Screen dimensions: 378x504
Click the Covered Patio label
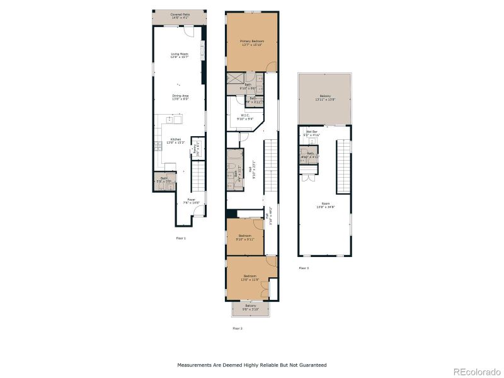pyautogui.click(x=180, y=16)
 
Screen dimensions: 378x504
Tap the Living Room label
pyautogui.click(x=180, y=55)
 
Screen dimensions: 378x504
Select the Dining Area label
pyautogui.click(x=180, y=97)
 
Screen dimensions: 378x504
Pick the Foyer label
pyautogui.click(x=191, y=202)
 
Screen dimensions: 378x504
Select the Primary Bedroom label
pyautogui.click(x=251, y=42)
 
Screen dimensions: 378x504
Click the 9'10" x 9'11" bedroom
pyautogui.click(x=245, y=238)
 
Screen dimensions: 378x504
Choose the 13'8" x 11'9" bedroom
pyautogui.click(x=250, y=278)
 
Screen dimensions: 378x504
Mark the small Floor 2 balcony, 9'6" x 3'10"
pyautogui.click(x=250, y=307)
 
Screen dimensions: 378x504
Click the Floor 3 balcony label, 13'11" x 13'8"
pyautogui.click(x=324, y=98)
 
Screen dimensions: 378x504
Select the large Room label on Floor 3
pyautogui.click(x=325, y=205)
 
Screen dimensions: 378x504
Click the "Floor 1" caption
pyautogui.click(x=181, y=238)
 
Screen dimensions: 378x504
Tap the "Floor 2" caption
pyautogui.click(x=238, y=328)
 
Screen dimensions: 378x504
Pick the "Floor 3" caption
pyautogui.click(x=304, y=268)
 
